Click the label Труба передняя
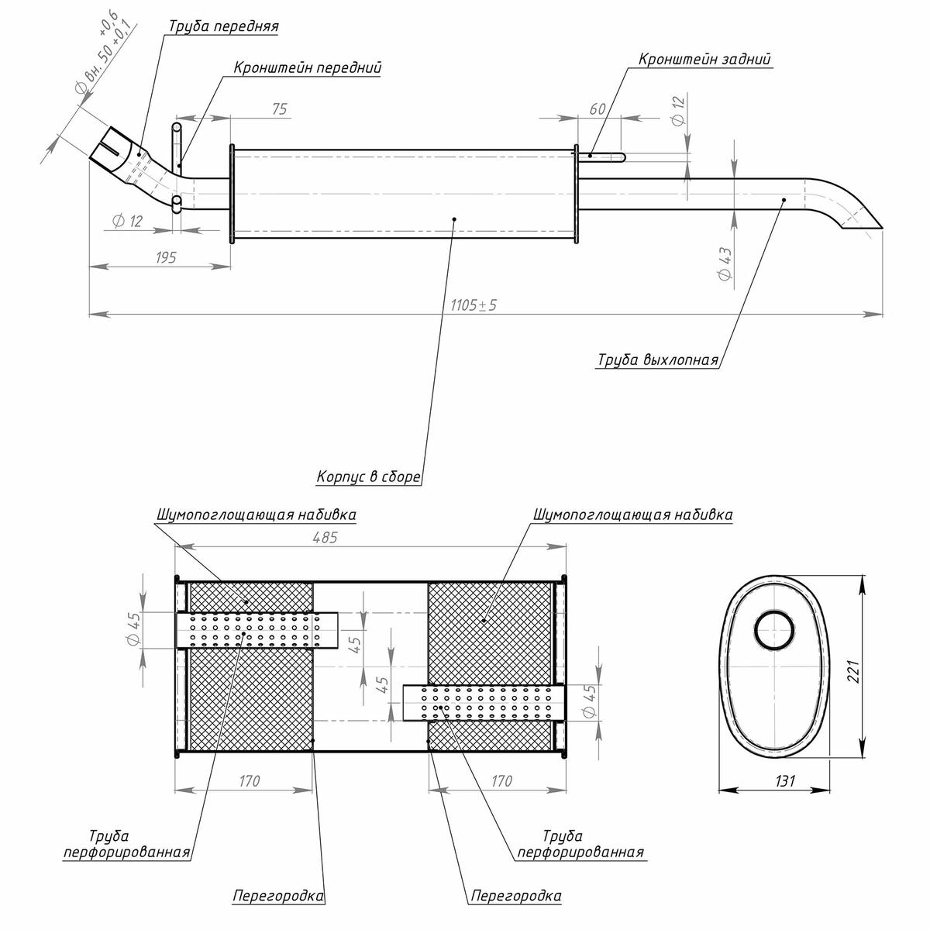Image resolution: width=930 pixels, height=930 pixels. pos(223,26)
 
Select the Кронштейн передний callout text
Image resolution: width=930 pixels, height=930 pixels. pos(308,68)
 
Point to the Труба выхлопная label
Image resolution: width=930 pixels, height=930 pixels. pos(657,360)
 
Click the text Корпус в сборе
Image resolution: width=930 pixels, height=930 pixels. pos(368,477)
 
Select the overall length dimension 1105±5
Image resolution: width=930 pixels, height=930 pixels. pos(473,305)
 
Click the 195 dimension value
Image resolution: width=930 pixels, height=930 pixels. pos(166,257)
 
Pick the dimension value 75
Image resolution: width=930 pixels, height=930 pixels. pos(279,109)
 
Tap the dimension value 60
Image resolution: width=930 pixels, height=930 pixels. pos(597,109)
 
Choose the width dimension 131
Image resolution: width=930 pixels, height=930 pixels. pos(784,781)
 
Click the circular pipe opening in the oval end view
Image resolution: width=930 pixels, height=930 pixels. pos(774,629)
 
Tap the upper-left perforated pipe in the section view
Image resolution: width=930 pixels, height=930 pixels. pos(256,630)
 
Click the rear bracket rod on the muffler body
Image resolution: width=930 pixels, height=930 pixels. pos(603,157)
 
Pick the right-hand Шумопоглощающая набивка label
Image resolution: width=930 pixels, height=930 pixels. pos(632,515)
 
